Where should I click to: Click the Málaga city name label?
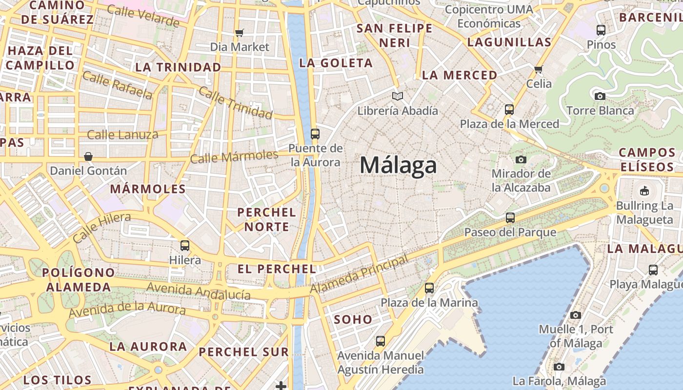[398, 165]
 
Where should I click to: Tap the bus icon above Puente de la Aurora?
[315, 134]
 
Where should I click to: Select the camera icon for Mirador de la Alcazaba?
[521, 159]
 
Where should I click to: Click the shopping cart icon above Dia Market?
[239, 33]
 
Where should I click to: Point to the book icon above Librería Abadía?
[398, 97]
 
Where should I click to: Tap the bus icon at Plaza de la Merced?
[509, 110]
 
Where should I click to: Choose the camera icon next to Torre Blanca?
[600, 96]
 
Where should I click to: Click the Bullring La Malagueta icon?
[644, 191]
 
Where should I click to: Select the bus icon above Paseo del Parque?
[510, 218]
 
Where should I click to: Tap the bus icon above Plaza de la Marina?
[429, 288]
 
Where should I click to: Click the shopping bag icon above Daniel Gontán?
[88, 156]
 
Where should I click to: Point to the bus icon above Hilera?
[185, 246]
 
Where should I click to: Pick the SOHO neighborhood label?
[353, 320]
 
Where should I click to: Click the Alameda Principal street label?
[359, 274]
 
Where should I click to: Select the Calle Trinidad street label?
[235, 102]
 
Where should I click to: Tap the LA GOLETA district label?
[336, 63]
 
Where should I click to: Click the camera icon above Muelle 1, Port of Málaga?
[576, 315]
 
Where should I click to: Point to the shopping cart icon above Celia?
[539, 69]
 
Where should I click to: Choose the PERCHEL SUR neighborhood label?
[243, 352]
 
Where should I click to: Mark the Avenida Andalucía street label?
[199, 291]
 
